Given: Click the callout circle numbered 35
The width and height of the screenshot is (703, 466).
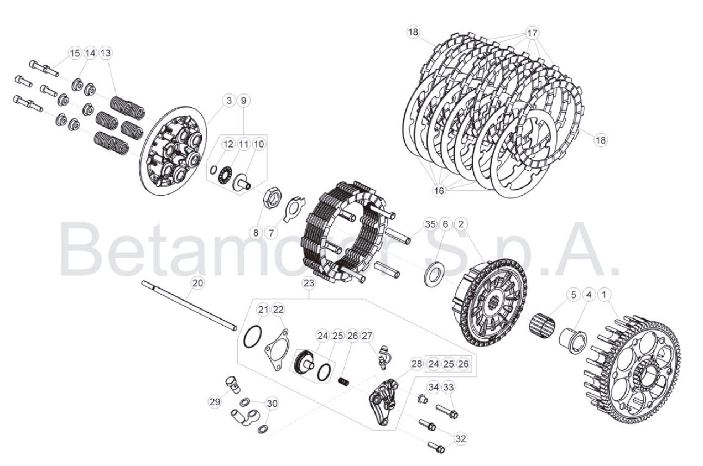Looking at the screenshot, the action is pyautogui.click(x=430, y=224).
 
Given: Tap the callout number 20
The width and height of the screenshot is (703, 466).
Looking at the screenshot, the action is pyautogui.click(x=197, y=283).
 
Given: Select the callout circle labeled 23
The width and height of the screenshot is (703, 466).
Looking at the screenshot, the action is pyautogui.click(x=309, y=283).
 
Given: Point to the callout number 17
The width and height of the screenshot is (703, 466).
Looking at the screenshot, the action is pyautogui.click(x=532, y=33).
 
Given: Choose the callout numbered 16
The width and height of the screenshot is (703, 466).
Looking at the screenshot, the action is pyautogui.click(x=439, y=190).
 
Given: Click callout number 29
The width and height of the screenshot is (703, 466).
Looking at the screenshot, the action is pyautogui.click(x=215, y=402).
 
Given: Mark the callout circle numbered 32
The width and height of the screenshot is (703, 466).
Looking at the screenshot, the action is pyautogui.click(x=460, y=439).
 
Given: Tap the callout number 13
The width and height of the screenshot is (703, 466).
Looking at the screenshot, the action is pyautogui.click(x=106, y=53).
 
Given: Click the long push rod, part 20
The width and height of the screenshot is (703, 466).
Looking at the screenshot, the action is pyautogui.click(x=189, y=306).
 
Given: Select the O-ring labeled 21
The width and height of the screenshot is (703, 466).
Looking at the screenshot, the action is pyautogui.click(x=252, y=337).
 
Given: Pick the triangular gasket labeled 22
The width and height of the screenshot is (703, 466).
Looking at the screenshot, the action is pyautogui.click(x=277, y=349).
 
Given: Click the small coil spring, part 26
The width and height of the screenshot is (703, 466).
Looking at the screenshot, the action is pyautogui.click(x=343, y=381).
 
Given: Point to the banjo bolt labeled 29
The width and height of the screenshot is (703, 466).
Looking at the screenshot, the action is pyautogui.click(x=233, y=384).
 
